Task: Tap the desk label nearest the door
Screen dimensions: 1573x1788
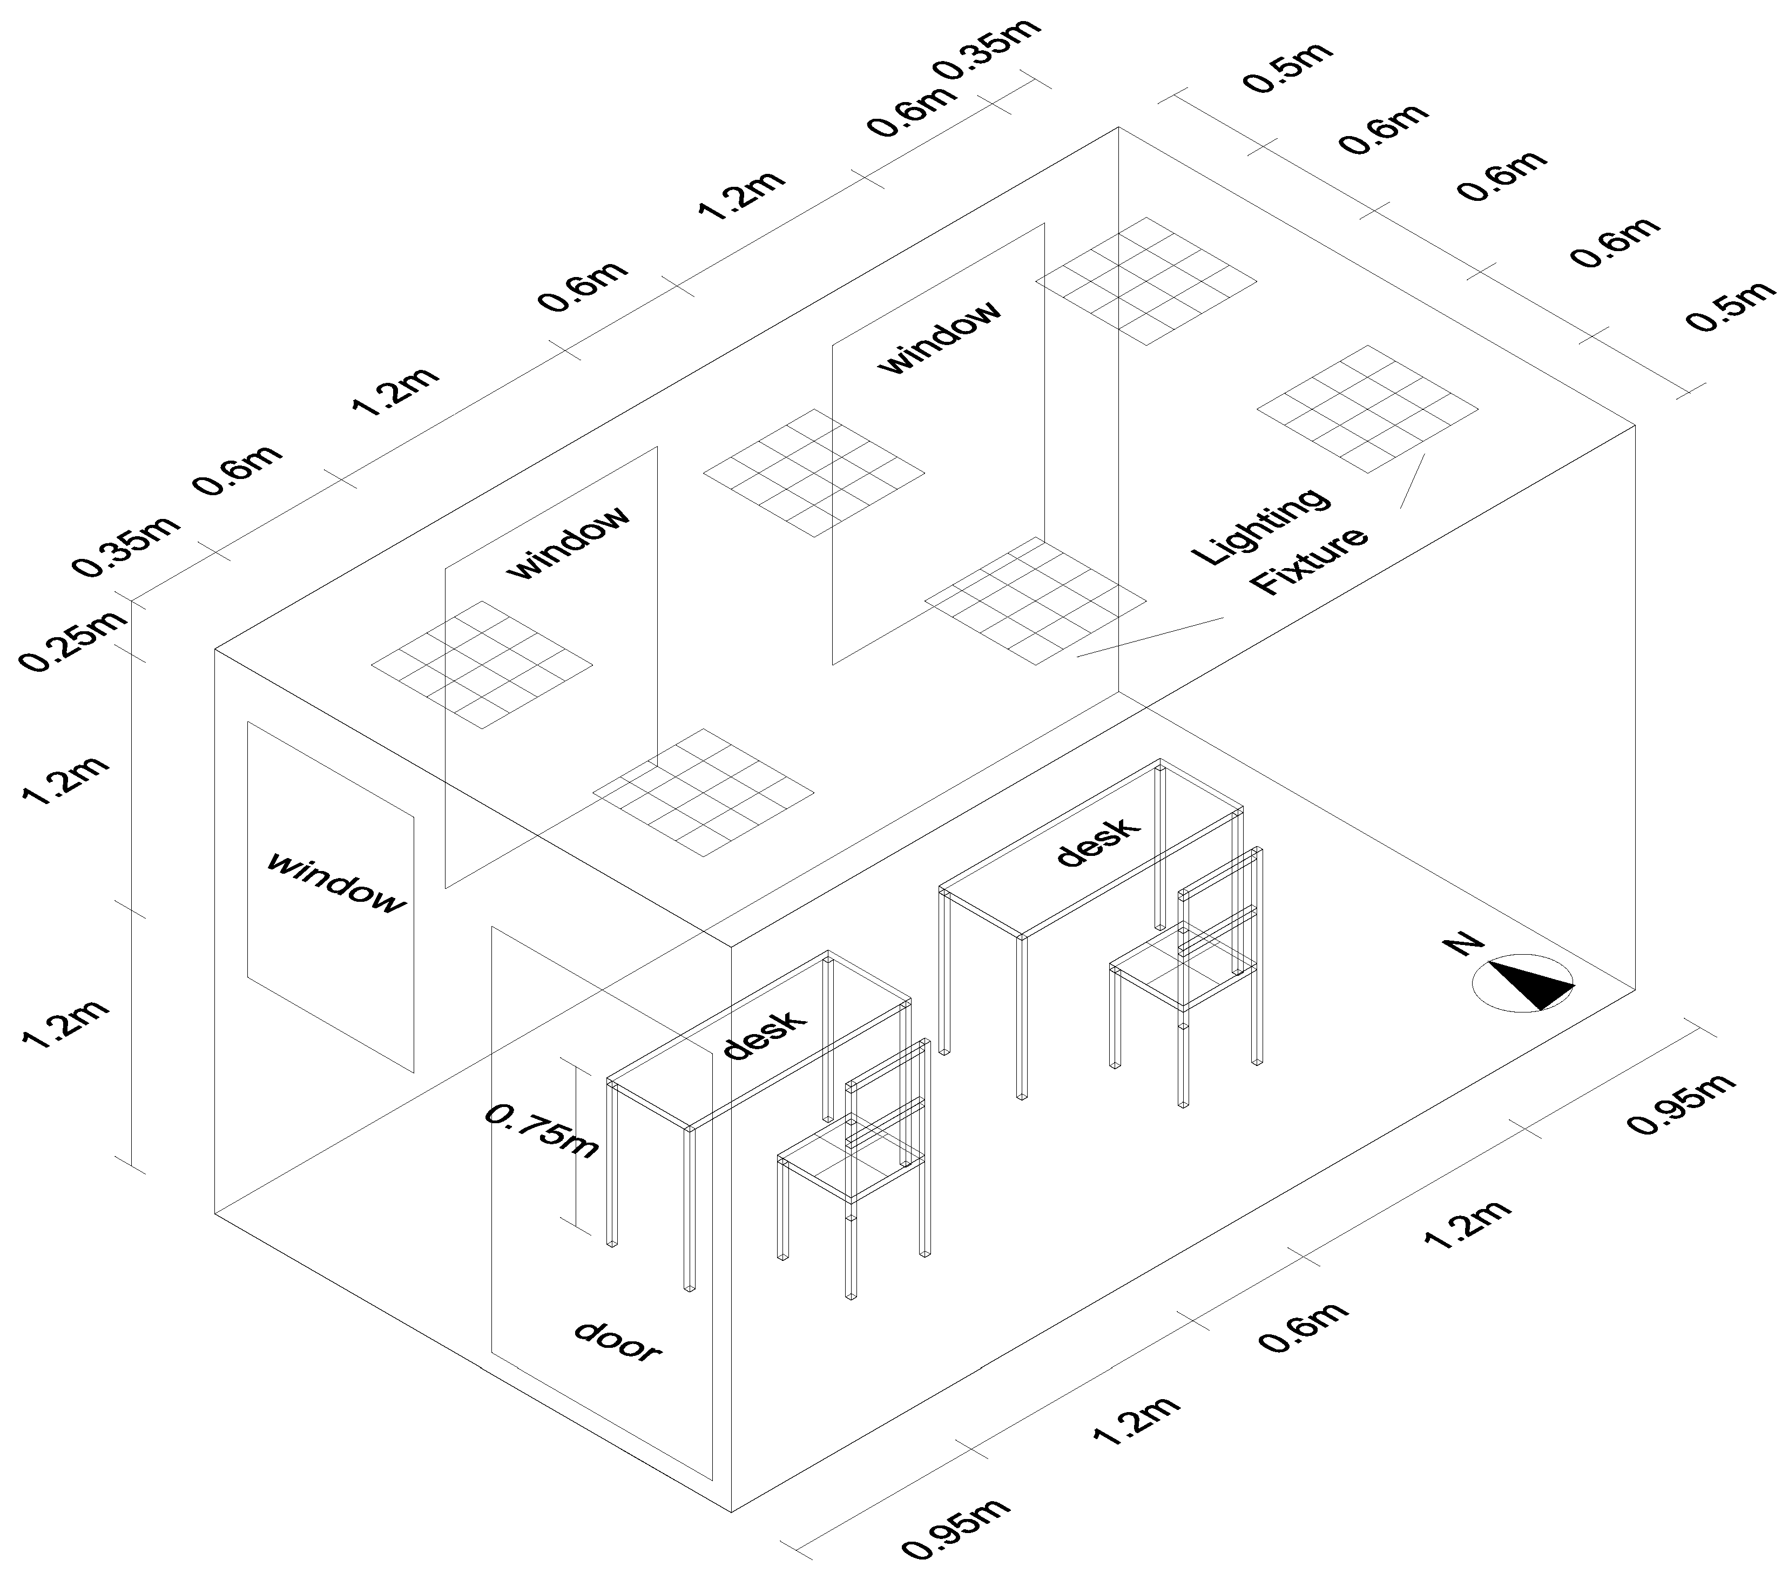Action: (764, 1035)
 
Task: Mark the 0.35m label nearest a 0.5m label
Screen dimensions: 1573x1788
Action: (988, 50)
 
